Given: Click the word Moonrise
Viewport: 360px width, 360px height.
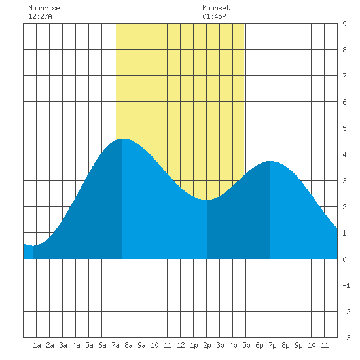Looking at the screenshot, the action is pyautogui.click(x=44, y=8).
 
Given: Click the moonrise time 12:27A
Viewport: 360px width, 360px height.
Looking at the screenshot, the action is pyautogui.click(x=40, y=16).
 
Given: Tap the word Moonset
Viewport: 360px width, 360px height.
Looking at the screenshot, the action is pyautogui.click(x=216, y=8).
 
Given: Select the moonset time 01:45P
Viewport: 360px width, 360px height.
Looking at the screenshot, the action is pyautogui.click(x=214, y=16).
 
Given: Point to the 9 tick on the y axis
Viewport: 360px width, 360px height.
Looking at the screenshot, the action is pyautogui.click(x=344, y=24).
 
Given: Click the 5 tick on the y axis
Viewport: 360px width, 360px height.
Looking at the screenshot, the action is pyautogui.click(x=344, y=128).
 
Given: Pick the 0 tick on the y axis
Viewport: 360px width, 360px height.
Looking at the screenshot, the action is pyautogui.click(x=344, y=259).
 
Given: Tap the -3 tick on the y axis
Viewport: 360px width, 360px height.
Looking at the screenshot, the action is pyautogui.click(x=346, y=338).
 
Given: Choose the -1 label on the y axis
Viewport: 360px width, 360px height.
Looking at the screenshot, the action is pyautogui.click(x=346, y=285).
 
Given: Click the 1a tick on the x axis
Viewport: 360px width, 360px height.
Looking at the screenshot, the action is pyautogui.click(x=37, y=345).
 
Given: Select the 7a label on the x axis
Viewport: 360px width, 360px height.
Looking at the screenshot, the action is pyautogui.click(x=115, y=345).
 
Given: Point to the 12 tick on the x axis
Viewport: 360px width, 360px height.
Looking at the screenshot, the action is pyautogui.click(x=181, y=345).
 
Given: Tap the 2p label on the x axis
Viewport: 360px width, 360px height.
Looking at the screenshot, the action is pyautogui.click(x=207, y=345).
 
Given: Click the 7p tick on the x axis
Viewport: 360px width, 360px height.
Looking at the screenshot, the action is pyautogui.click(x=272, y=345).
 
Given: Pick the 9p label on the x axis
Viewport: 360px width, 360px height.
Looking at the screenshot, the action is pyautogui.click(x=298, y=345).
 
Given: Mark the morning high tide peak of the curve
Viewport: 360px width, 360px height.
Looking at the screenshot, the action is pyautogui.click(x=122, y=139).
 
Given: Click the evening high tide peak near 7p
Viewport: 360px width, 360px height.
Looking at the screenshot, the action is pyautogui.click(x=270, y=161).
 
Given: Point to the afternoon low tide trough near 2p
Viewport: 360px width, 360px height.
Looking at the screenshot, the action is pyautogui.click(x=207, y=200).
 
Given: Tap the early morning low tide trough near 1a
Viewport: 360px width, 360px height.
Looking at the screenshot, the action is pyautogui.click(x=33, y=246).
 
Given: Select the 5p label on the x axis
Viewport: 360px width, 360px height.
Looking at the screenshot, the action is pyautogui.click(x=246, y=345).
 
